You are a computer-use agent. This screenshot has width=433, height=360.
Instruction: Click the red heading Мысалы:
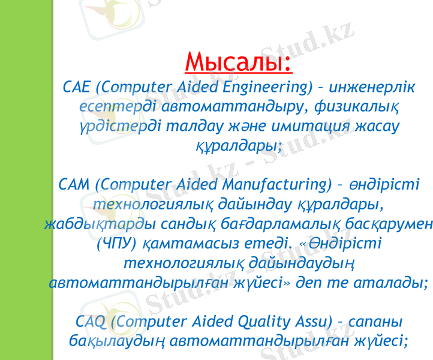point(239,61)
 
